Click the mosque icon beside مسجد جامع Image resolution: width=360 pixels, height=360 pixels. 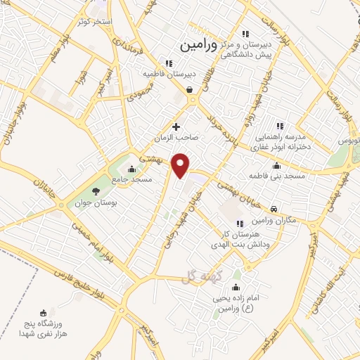[x=131, y=169]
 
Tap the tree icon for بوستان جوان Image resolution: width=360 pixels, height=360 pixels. [x=96, y=192]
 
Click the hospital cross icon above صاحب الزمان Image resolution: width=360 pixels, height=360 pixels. [x=176, y=127]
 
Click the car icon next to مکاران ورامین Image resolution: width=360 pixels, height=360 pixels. [x=274, y=209]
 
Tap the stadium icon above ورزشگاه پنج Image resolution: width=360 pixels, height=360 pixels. [x=44, y=312]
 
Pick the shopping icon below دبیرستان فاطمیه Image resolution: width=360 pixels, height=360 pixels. [x=190, y=89]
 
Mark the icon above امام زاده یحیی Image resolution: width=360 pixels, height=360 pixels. [x=235, y=287]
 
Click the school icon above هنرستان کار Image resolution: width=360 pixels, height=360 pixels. [x=240, y=223]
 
